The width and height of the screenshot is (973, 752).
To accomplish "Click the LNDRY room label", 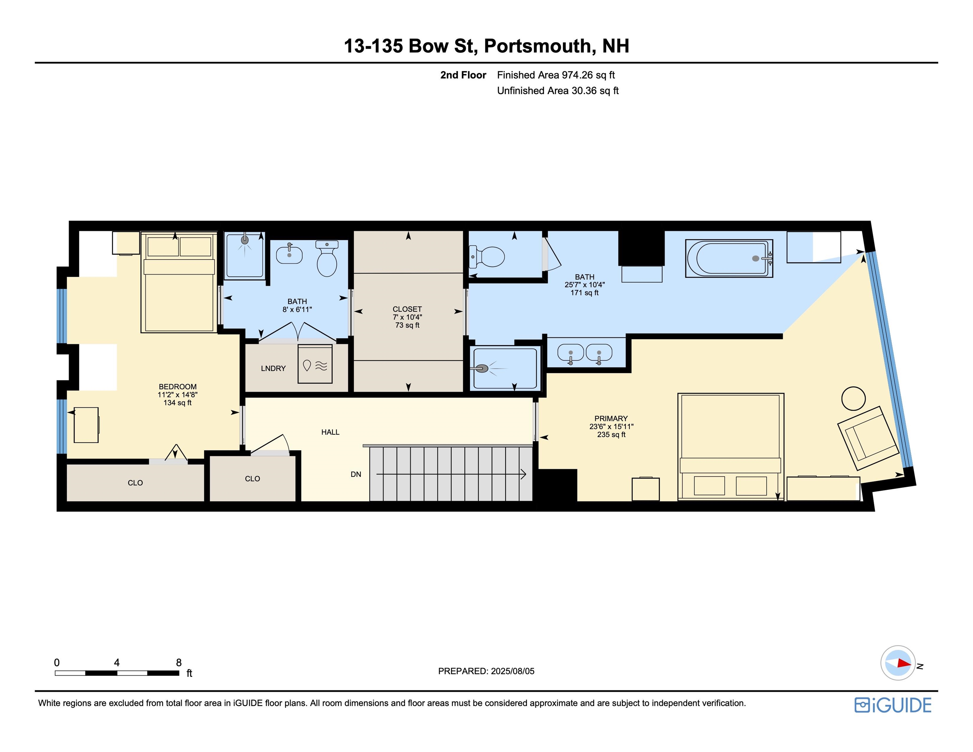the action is coord(273,368).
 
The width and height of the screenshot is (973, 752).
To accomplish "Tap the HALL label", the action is coord(330,432).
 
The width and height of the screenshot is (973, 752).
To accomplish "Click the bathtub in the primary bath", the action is coord(729,258).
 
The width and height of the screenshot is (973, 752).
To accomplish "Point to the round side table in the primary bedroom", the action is coord(853,398).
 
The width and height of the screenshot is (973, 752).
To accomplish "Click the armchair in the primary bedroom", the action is coord(868,438).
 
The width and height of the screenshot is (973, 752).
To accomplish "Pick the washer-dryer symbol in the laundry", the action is coord(315,364).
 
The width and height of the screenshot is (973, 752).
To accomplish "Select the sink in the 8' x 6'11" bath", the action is coord(289,255).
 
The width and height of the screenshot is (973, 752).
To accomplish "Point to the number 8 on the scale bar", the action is coord(179,663).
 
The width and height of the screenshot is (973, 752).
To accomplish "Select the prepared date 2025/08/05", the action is coord(510,671).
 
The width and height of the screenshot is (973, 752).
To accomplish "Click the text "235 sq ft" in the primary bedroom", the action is coord(611,434).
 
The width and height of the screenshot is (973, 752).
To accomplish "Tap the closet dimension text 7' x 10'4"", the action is coord(407,317).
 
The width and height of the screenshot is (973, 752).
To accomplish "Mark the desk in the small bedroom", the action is coord(86,425).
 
